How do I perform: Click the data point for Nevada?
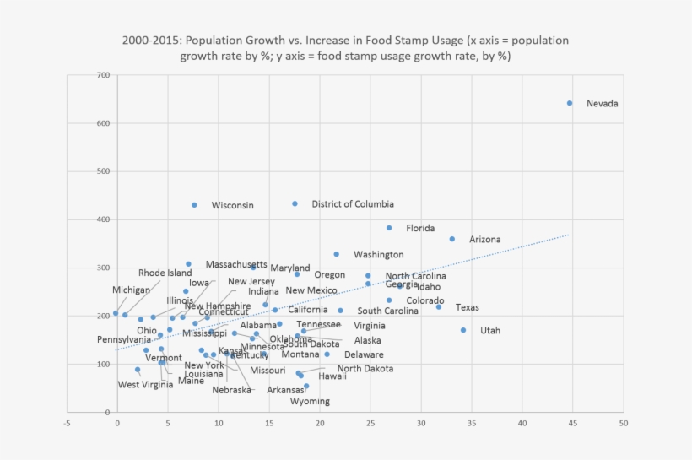[x=570, y=103]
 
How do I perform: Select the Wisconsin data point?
[x=194, y=205]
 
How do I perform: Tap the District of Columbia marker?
[x=295, y=203]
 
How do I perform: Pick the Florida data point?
[x=389, y=228]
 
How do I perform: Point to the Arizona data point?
[x=452, y=239]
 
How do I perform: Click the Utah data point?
[x=463, y=330]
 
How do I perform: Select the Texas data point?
[x=439, y=306]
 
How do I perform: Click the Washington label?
[x=378, y=254]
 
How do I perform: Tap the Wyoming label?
[x=310, y=401]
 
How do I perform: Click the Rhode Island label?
[x=165, y=273]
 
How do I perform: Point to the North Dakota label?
[x=365, y=368]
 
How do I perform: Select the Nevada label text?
[x=603, y=104]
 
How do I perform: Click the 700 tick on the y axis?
[x=103, y=75]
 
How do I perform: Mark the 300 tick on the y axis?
[x=103, y=268]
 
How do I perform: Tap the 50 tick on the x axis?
[x=624, y=423]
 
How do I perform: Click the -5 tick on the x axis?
[x=67, y=423]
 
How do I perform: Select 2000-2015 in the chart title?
[x=147, y=41]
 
